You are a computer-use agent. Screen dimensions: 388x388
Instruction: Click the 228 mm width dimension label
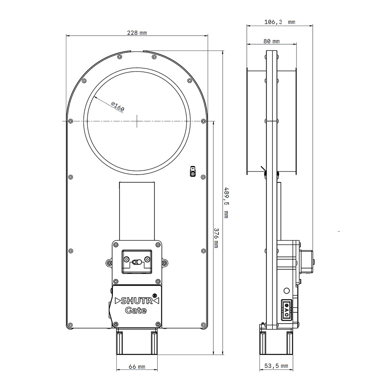click(137, 33)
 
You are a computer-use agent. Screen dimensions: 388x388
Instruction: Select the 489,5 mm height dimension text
click(226, 203)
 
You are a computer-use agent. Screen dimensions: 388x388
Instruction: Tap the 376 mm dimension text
click(216, 238)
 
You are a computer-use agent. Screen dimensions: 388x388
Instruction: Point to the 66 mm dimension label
click(137, 367)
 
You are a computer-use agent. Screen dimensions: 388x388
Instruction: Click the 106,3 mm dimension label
click(280, 22)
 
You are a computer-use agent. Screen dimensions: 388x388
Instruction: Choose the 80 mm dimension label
click(272, 42)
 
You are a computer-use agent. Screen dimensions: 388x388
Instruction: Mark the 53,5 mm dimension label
click(276, 366)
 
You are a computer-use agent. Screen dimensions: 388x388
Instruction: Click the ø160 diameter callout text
click(118, 107)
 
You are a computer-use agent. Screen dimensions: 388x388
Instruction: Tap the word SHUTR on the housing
click(137, 301)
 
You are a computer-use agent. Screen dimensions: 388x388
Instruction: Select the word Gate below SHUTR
click(136, 310)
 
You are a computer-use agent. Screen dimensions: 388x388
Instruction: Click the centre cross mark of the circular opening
click(137, 121)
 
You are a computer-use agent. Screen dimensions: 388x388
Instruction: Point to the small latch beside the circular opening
click(192, 171)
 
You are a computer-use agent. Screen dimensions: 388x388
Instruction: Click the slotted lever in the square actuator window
click(137, 262)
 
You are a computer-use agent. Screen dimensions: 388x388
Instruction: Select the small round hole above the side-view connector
click(287, 291)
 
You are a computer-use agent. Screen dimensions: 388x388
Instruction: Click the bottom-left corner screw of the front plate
click(70, 325)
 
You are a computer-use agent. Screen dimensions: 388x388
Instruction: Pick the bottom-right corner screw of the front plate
click(203, 325)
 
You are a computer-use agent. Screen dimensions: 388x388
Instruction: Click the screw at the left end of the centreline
click(71, 121)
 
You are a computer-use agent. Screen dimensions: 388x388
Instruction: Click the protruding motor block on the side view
click(307, 262)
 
